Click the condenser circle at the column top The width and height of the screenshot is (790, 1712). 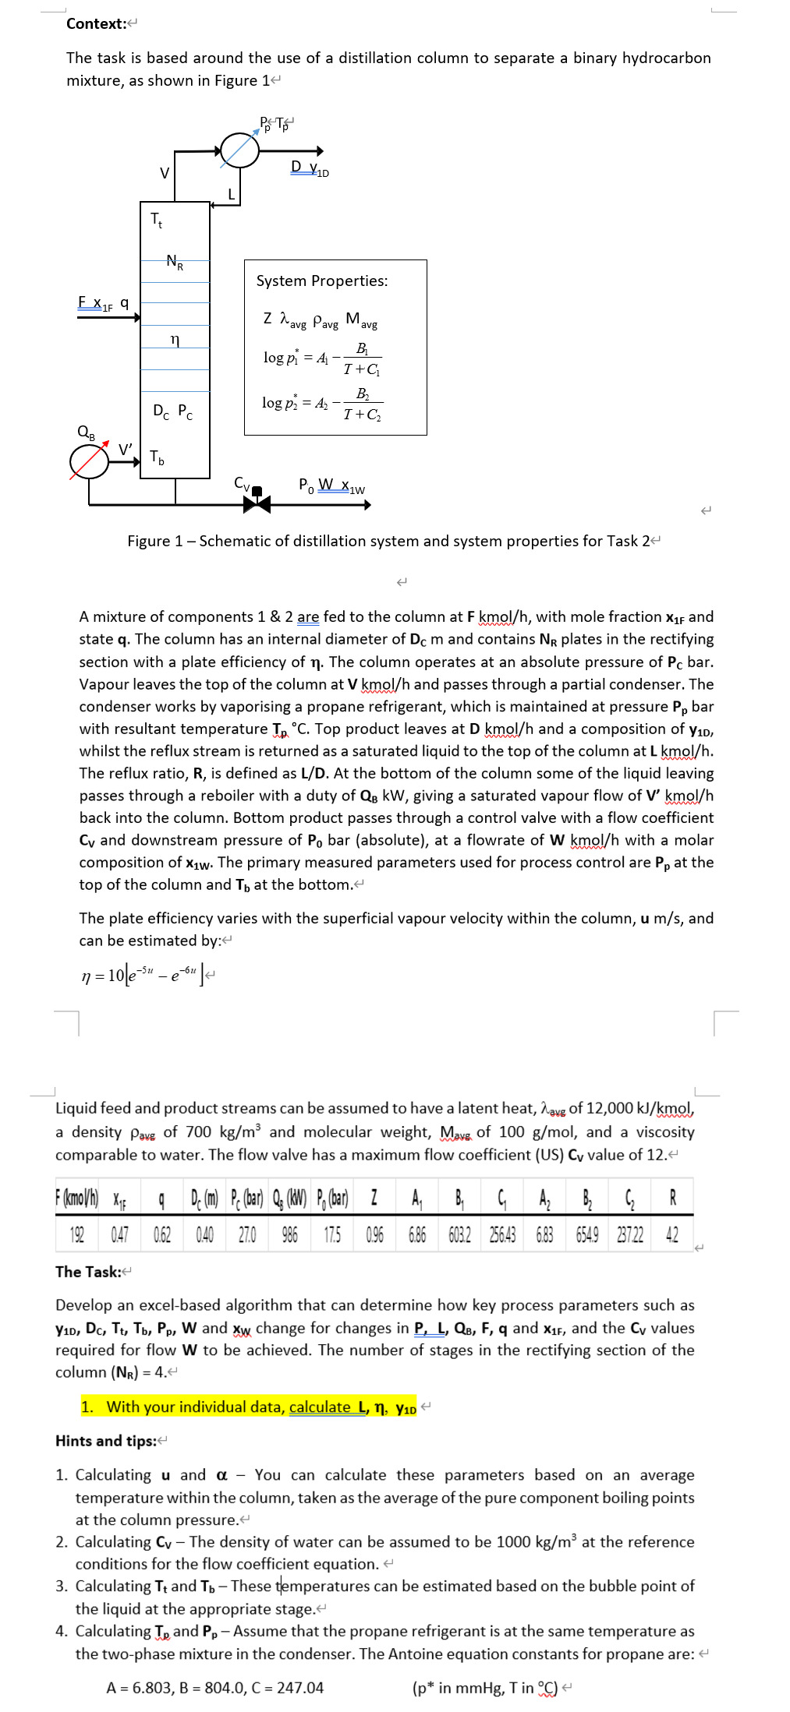point(239,150)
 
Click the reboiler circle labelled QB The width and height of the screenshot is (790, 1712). point(90,461)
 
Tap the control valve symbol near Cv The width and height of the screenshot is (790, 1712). point(257,503)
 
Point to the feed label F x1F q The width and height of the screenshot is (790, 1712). point(103,303)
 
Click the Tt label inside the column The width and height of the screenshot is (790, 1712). point(157,220)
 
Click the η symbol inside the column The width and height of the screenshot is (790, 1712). point(175,340)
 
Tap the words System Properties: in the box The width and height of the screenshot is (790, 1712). point(321,281)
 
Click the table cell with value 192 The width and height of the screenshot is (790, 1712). point(77,1235)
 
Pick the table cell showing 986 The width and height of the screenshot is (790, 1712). point(289,1235)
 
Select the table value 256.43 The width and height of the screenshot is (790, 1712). point(502,1235)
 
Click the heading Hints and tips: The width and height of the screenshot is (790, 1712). point(106,1441)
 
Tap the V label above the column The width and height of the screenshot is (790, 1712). point(165,173)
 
